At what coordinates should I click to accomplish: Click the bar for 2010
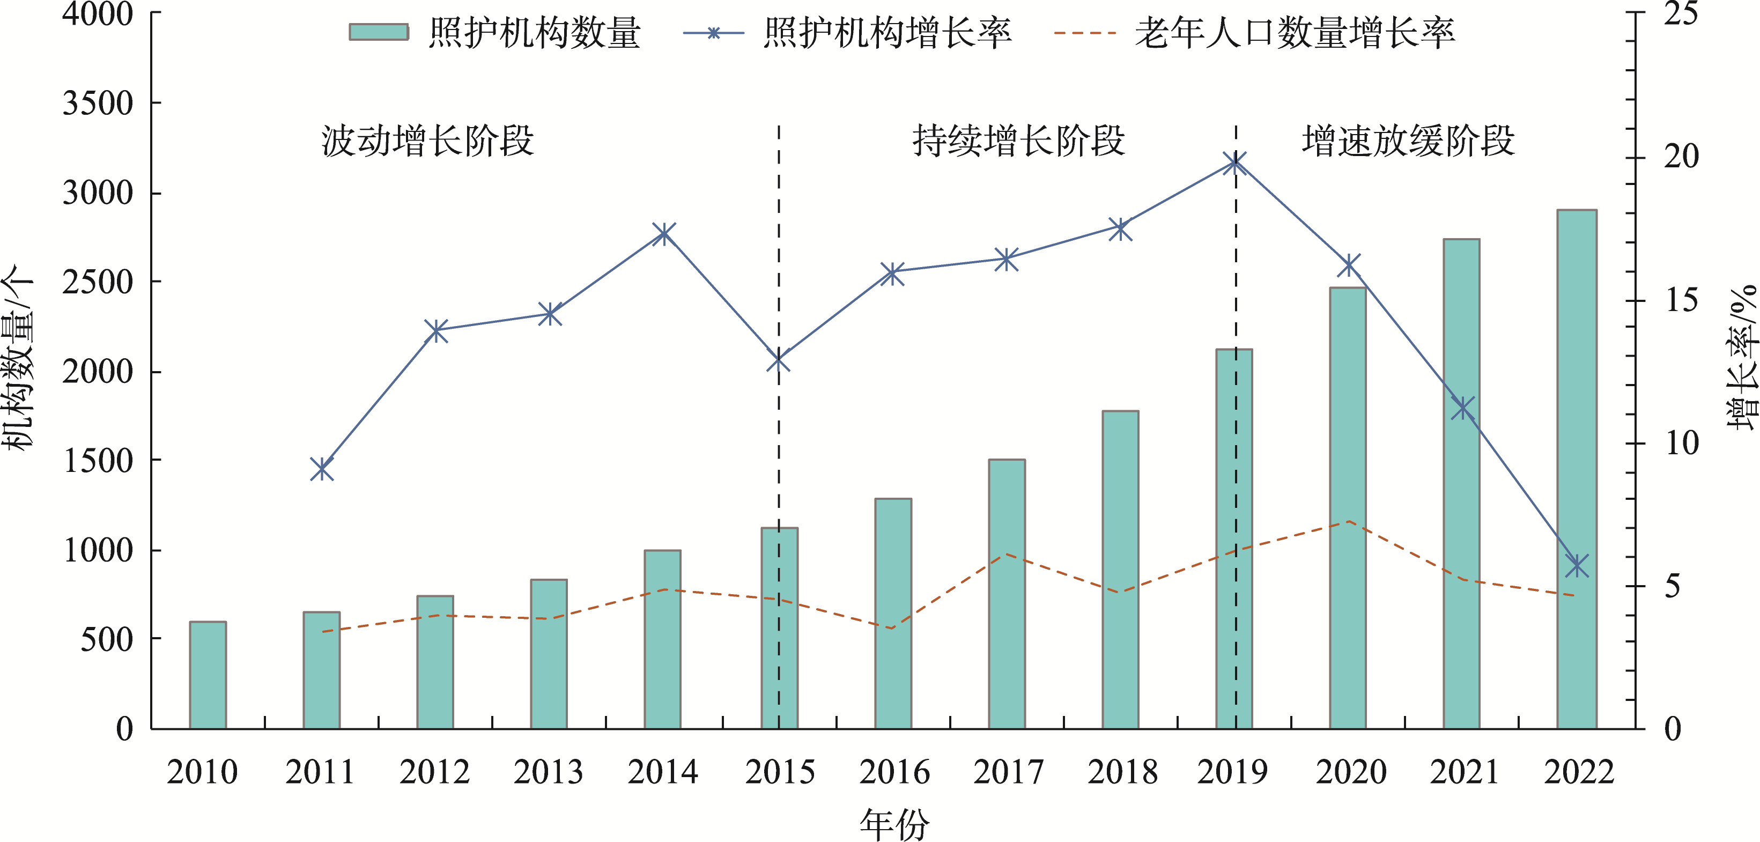208,675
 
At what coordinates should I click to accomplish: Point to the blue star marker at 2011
322,469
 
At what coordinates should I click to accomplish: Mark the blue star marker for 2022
1577,566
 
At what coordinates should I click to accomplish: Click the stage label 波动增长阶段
428,142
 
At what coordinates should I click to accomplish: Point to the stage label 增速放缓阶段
1408,142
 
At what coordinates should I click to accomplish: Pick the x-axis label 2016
894,773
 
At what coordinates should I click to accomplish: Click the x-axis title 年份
894,824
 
